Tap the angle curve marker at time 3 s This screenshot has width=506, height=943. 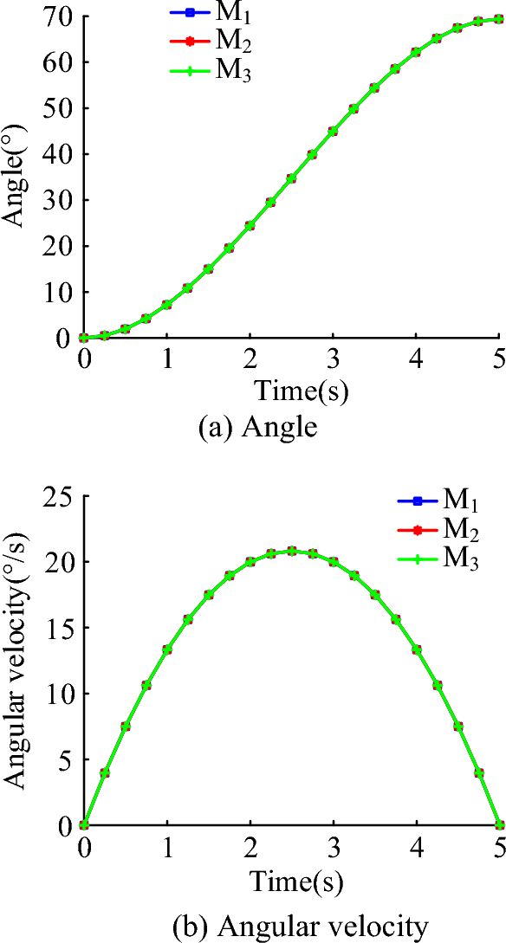(333, 131)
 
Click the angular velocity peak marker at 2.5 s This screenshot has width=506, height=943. (291, 551)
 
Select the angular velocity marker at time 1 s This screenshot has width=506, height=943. (167, 649)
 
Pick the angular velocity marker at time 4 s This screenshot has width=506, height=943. (416, 649)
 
